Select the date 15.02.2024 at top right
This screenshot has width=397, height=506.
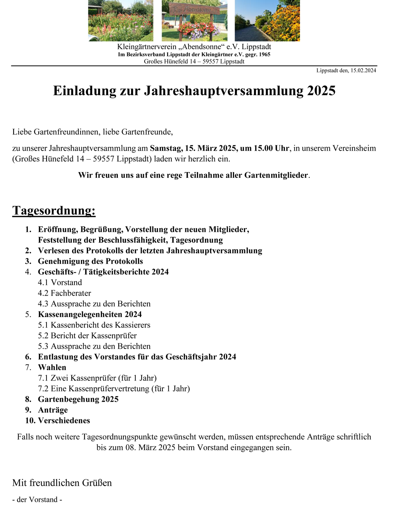point(363,71)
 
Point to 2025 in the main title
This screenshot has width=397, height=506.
point(321,91)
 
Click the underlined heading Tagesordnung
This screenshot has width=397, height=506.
point(54,210)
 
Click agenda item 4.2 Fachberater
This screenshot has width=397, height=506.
point(65,293)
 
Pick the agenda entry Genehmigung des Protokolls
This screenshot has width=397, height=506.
point(90,262)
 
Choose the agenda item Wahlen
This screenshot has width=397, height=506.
point(52,367)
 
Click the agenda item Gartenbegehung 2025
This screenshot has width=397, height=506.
point(78,399)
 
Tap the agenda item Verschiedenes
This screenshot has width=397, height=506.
point(64,421)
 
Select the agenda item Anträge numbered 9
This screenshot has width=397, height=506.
point(53,410)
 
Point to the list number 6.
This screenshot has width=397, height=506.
point(28,357)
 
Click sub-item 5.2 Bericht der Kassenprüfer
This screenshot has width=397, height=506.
point(87,336)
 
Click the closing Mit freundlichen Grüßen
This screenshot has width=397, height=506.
point(62,483)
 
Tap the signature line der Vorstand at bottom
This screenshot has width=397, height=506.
point(37,500)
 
